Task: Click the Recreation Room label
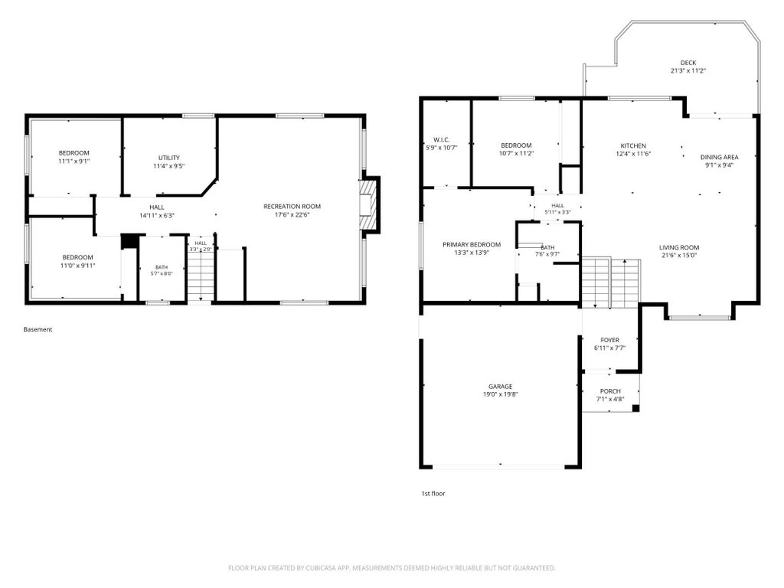292,207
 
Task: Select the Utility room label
169,158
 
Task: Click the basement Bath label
162,267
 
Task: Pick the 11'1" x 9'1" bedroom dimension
74,162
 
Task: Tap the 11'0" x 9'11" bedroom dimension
77,266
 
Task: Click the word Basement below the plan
38,329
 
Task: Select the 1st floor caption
433,494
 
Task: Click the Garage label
501,387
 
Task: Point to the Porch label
610,391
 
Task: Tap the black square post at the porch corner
636,408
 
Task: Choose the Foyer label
610,341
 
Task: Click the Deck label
688,63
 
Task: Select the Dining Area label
720,157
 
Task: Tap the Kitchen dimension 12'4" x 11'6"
633,154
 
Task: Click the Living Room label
679,247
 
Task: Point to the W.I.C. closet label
442,140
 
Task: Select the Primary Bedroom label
472,245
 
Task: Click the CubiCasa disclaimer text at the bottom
392,568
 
